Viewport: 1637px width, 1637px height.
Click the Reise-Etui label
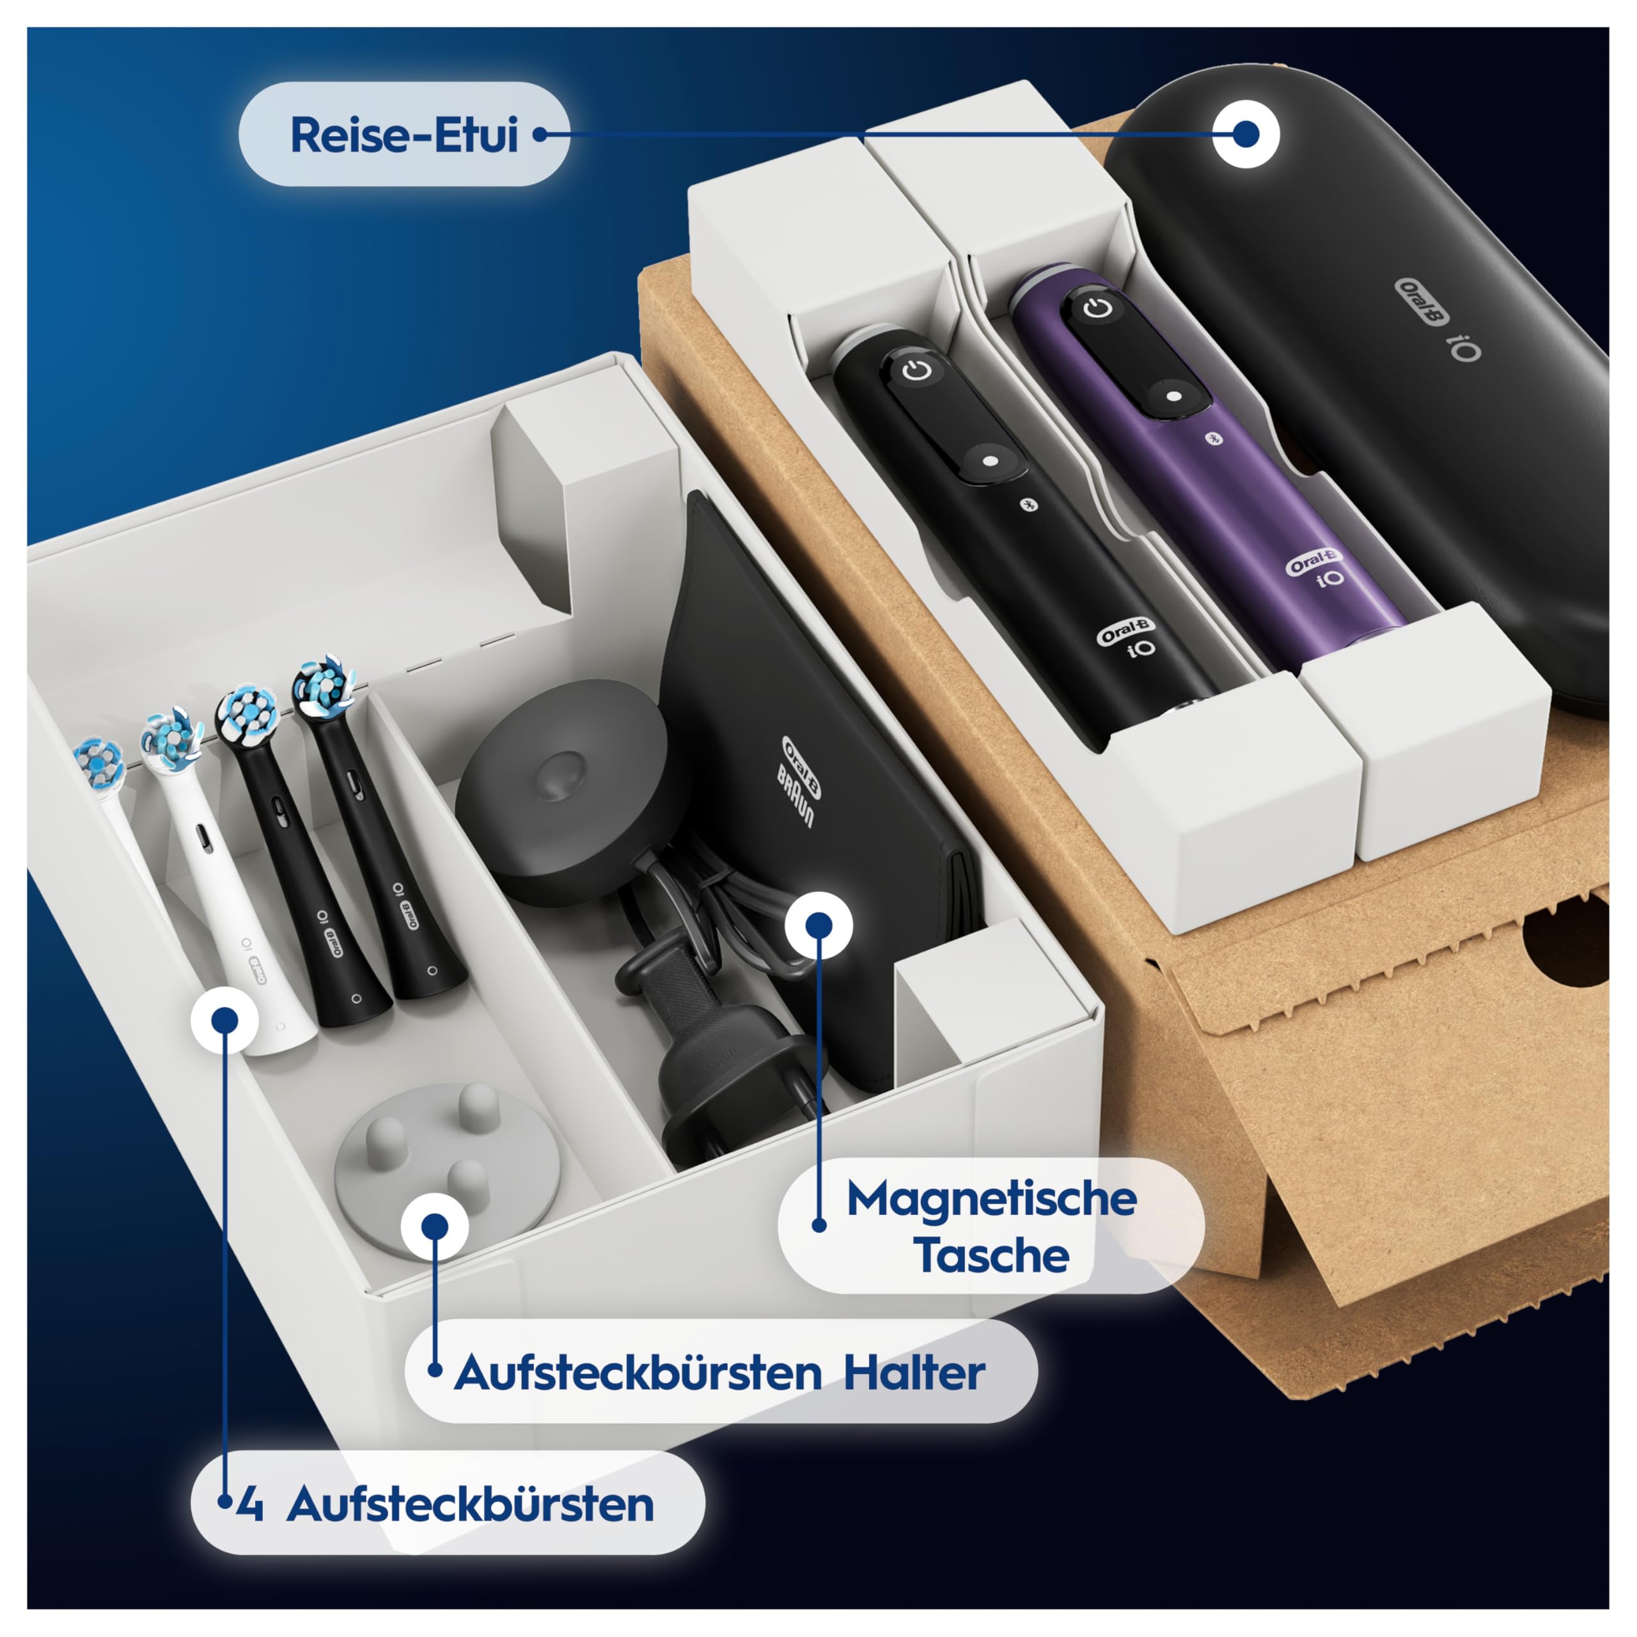click(403, 135)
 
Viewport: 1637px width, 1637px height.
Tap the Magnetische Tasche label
click(991, 1226)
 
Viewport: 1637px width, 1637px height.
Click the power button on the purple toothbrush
click(1098, 308)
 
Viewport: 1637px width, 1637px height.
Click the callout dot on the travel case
click(1246, 134)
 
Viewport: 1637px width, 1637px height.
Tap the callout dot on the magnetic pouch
click(818, 925)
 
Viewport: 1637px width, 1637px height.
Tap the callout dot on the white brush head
click(224, 1020)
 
